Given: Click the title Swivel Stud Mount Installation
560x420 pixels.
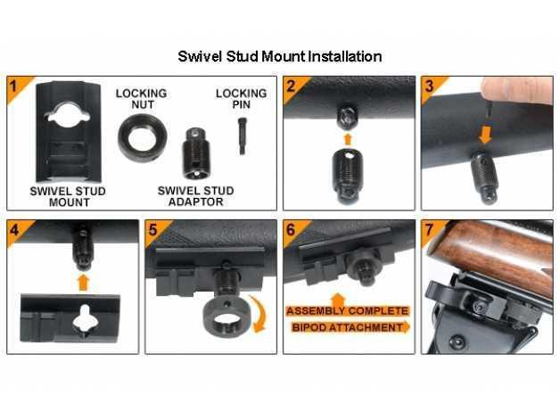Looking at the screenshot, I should point(280,56).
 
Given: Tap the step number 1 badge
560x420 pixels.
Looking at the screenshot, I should point(15,86).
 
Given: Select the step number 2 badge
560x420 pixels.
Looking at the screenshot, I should point(292,86).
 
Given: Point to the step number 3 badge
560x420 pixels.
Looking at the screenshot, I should point(430,86).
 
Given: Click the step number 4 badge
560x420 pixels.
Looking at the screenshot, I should point(15,230).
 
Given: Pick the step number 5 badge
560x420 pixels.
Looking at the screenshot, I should point(153,230).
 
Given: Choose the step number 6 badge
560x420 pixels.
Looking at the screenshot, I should point(292,230).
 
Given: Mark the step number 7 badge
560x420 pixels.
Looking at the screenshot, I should point(430,230).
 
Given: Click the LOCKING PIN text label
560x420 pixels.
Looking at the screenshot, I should point(241,99).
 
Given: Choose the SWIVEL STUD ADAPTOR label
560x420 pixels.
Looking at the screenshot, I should point(195,196).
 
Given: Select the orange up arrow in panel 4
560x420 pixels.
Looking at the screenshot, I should point(84,281).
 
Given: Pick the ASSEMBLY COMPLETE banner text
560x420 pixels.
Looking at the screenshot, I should point(347,311).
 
